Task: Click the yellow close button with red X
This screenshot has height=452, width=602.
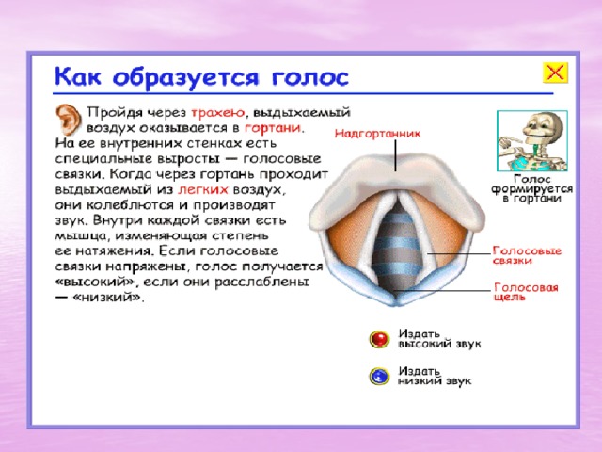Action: (555, 73)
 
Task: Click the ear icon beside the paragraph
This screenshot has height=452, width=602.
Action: (69, 119)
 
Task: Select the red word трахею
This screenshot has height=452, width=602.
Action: (217, 113)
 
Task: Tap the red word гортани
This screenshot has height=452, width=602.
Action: (272, 128)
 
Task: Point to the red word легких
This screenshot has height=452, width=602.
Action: (203, 189)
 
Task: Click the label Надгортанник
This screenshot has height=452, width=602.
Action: (377, 134)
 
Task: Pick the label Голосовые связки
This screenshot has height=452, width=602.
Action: (527, 255)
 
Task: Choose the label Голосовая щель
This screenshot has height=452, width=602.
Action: (526, 292)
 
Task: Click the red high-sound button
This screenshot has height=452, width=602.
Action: (379, 339)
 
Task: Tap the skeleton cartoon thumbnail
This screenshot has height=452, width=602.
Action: (532, 141)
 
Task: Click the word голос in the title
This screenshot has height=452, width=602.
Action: (310, 77)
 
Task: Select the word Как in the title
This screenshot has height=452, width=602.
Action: (78, 75)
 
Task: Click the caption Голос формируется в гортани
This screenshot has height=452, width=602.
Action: (532, 188)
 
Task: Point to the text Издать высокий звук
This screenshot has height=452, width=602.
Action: (439, 339)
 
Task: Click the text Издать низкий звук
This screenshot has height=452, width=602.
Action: (435, 376)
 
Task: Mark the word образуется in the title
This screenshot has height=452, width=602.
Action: (186, 78)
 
